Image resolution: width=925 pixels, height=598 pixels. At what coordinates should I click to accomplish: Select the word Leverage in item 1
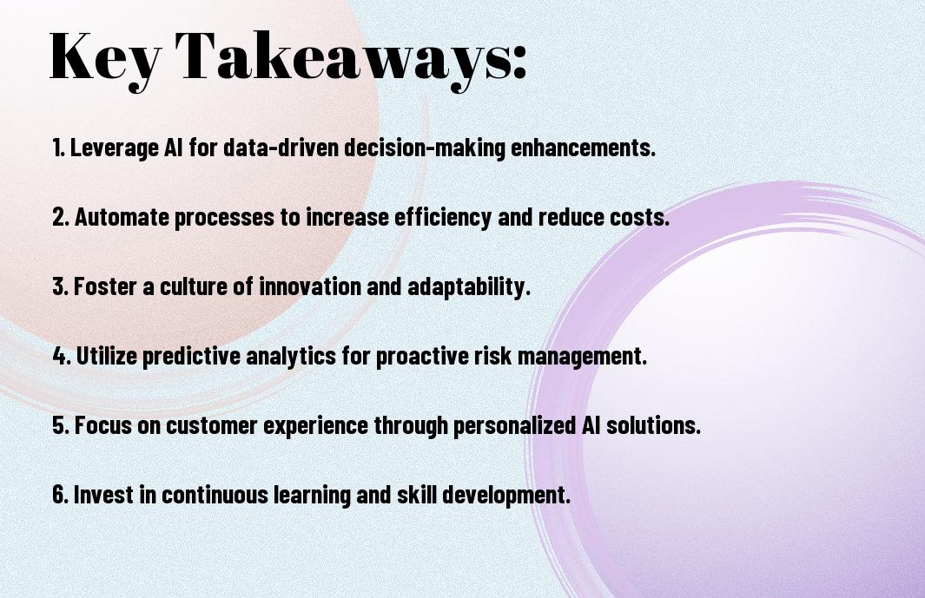(114, 148)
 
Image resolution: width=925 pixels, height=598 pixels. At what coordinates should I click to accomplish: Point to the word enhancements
(583, 147)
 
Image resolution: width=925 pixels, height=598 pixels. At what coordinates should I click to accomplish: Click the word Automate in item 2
(122, 216)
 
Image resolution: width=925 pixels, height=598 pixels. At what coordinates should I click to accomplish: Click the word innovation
(310, 286)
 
